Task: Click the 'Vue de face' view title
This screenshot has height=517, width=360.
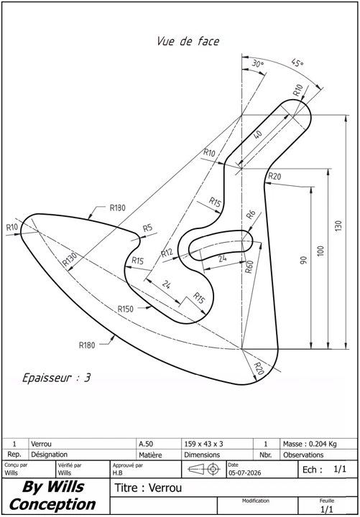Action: tap(188, 42)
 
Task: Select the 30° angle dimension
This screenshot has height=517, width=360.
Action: tap(258, 64)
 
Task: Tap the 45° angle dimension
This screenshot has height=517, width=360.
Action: tap(297, 62)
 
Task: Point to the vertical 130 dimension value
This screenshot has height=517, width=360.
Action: tap(339, 225)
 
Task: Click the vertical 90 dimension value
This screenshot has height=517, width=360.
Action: tap(304, 260)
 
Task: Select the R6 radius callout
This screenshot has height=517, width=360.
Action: tap(251, 215)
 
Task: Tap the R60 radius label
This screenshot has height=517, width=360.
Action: tap(249, 266)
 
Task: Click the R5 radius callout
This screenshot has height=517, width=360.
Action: tap(147, 228)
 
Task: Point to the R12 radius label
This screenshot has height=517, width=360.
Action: tap(167, 253)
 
